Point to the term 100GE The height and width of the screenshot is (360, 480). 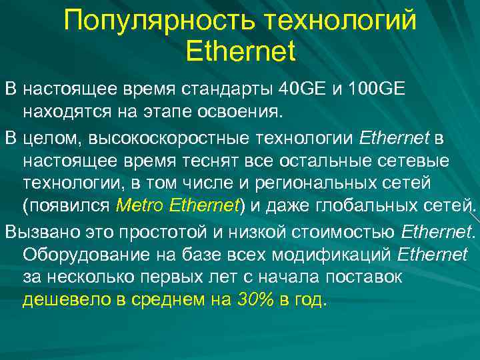(376, 89)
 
